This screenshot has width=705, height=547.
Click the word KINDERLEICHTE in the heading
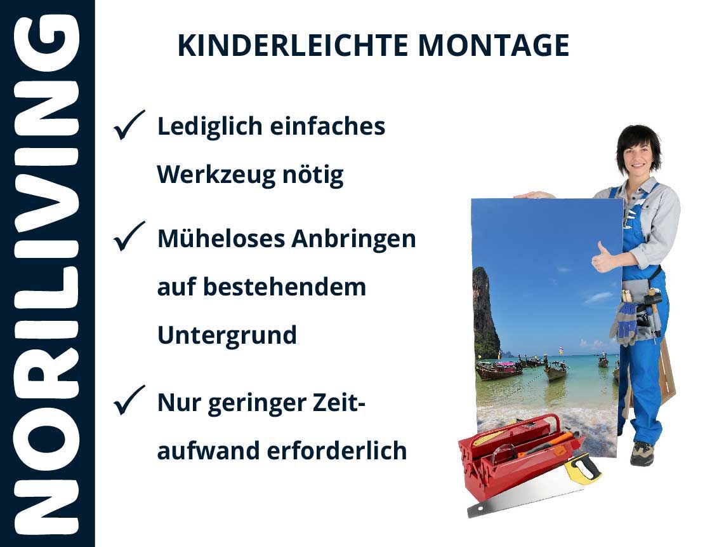pos(293,46)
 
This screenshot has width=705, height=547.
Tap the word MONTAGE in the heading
pos(494,46)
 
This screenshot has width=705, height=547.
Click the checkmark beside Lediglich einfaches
pos(129,125)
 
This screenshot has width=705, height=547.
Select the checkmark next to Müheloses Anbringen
pos(129,236)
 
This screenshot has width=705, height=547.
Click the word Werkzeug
pos(216,175)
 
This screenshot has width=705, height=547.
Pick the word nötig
pos(313,175)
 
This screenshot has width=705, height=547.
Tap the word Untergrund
pos(227,335)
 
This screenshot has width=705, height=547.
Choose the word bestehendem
pos(285,287)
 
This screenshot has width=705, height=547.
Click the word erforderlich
pos(337,450)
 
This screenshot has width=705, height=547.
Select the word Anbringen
pos(353,239)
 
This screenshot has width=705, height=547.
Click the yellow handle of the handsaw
pos(583,468)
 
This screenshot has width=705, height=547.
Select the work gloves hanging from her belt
pos(624,322)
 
